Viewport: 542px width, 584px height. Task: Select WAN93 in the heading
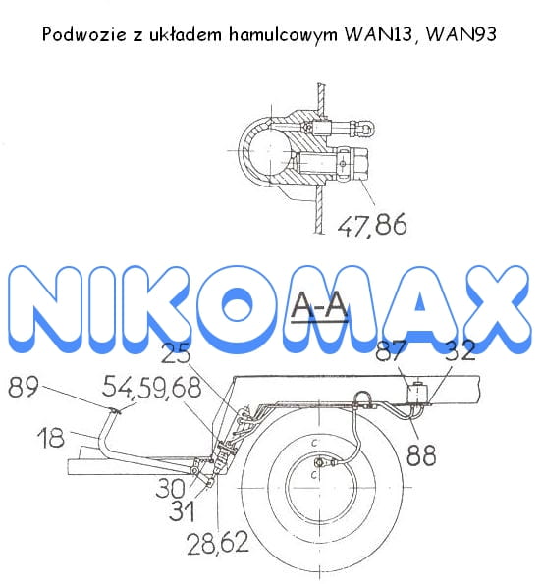pos(461,34)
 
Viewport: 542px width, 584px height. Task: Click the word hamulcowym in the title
pos(283,34)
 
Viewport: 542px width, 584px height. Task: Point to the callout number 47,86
pos(372,225)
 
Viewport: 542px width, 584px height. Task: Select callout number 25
pos(176,353)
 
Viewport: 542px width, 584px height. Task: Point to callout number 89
pos(24,387)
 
